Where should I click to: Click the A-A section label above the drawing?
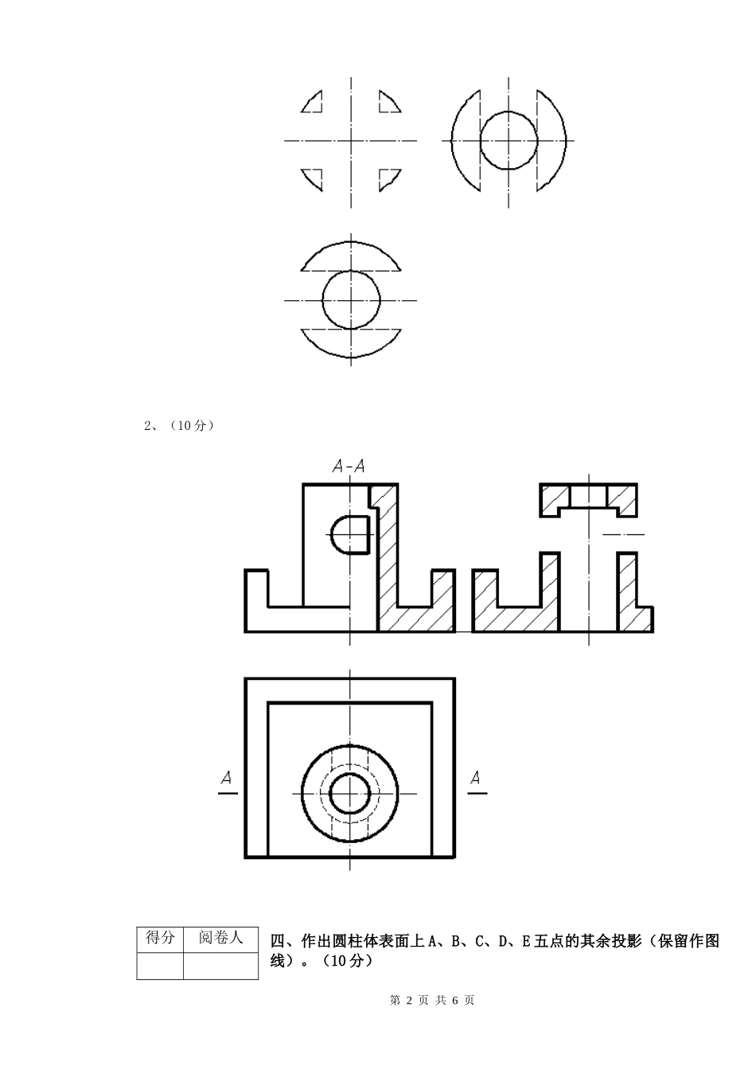click(349, 466)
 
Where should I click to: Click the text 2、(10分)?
click(179, 425)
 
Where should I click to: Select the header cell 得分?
click(160, 938)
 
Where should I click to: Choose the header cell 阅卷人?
click(220, 938)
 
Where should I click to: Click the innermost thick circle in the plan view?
click(350, 773)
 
